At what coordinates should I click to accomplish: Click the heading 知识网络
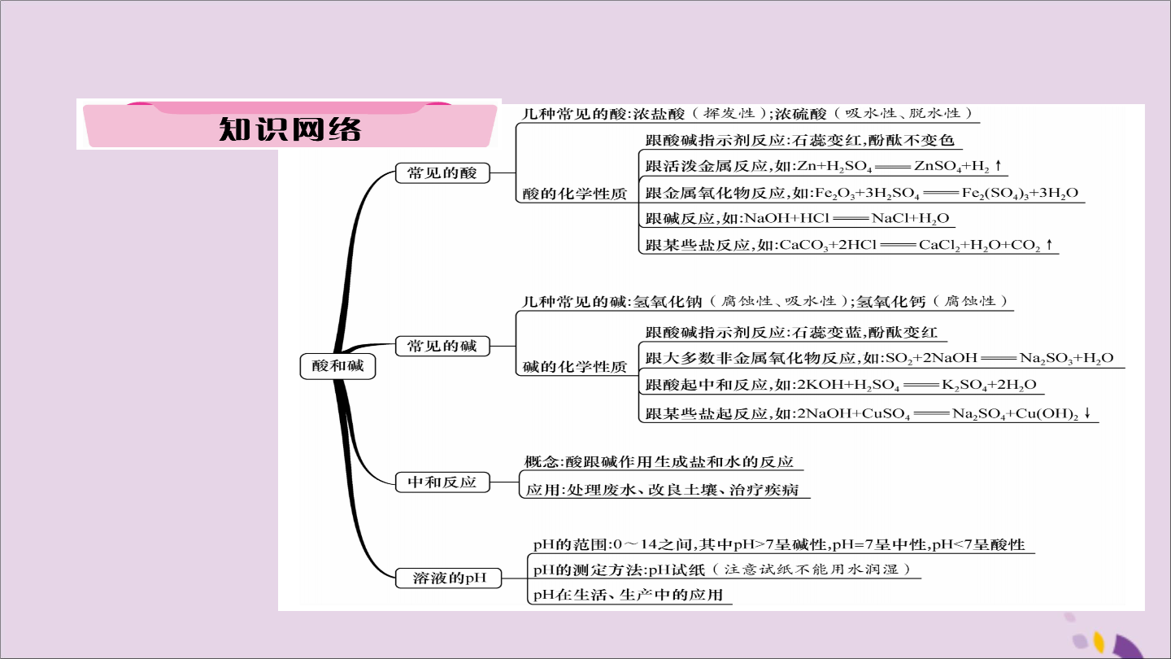click(289, 129)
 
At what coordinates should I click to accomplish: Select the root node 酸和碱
click(337, 365)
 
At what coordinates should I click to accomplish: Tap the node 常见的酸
click(442, 172)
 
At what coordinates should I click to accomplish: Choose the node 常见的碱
click(442, 346)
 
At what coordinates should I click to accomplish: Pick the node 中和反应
click(442, 482)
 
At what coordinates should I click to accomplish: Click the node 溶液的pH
click(449, 578)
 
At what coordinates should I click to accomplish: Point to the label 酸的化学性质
click(574, 194)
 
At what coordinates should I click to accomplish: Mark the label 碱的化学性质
click(574, 367)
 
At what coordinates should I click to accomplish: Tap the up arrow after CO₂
click(1049, 244)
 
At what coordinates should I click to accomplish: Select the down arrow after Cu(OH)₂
click(1087, 413)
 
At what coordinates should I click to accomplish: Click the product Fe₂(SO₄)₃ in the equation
click(995, 194)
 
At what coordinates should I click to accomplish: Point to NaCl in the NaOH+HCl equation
click(890, 218)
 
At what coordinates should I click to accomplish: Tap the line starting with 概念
click(659, 462)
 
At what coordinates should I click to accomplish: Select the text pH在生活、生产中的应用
click(628, 596)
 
